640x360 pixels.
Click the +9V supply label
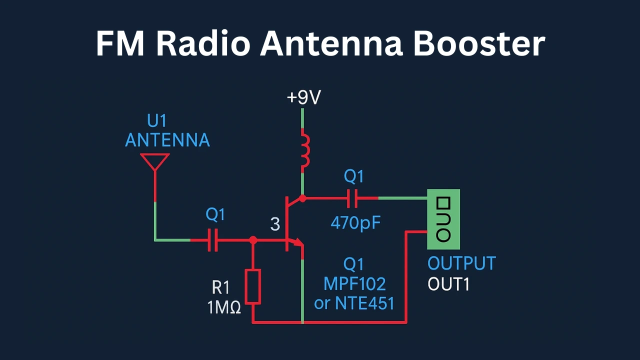tap(303, 97)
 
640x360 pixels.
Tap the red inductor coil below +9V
tap(303, 149)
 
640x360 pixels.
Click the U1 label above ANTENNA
tap(156, 121)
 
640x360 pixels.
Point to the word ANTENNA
tap(167, 140)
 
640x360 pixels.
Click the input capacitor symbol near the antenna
tap(213, 240)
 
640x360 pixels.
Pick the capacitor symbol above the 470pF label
tap(352, 198)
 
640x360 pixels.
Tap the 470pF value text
tap(355, 223)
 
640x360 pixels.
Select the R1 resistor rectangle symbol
tap(253, 286)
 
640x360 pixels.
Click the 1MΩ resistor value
tap(224, 307)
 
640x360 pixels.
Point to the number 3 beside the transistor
tap(275, 224)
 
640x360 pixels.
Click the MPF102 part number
tap(354, 284)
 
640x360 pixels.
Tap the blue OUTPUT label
tap(461, 263)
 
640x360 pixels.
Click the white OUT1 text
tap(448, 284)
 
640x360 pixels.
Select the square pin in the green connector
tap(443, 203)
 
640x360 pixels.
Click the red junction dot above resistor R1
tap(253, 240)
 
